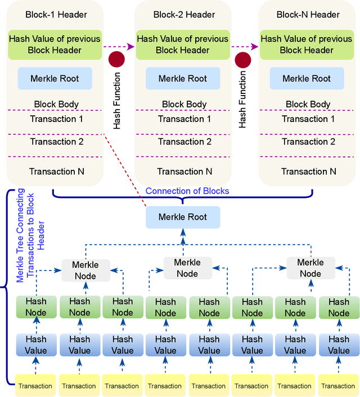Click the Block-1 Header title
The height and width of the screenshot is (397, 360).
tap(55, 14)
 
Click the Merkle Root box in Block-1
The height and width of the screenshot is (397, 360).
tap(55, 79)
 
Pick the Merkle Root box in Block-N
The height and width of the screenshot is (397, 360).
tap(307, 79)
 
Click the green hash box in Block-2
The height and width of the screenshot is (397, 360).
tap(182, 44)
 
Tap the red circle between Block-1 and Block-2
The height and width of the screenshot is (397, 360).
tap(116, 59)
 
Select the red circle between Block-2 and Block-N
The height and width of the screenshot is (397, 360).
tap(242, 59)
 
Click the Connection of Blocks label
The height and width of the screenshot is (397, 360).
tap(187, 191)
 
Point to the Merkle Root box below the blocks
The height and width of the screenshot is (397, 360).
tap(182, 217)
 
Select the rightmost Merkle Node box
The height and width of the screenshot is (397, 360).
tap(310, 268)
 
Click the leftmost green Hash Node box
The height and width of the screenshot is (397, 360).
tap(35, 307)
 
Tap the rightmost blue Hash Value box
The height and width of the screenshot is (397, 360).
tap(339, 345)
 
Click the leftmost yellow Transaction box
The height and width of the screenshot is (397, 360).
tap(35, 386)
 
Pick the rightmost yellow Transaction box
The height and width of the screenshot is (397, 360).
tap(339, 386)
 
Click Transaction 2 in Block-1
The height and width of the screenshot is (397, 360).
tap(56, 142)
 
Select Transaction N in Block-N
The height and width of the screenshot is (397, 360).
tap(308, 172)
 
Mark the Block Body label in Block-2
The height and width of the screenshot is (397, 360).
tap(184, 104)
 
